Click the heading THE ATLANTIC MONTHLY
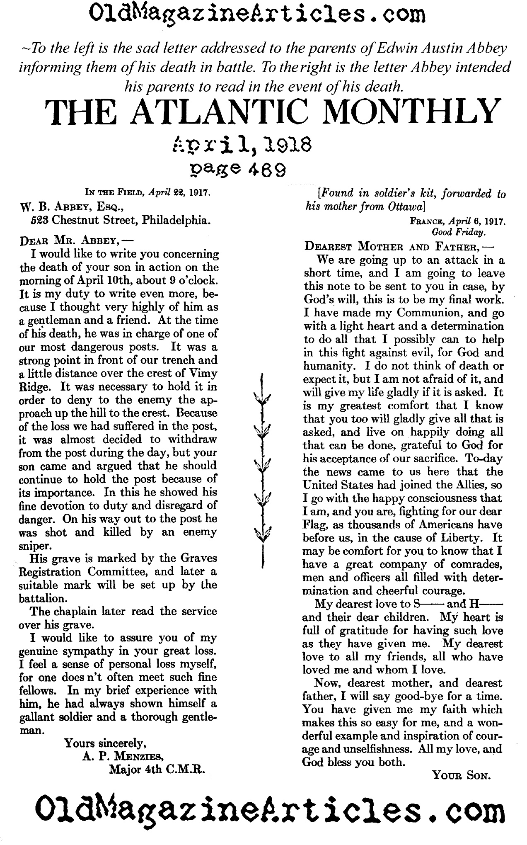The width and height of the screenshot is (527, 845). [x=271, y=112]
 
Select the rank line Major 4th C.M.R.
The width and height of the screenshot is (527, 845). [x=157, y=769]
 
